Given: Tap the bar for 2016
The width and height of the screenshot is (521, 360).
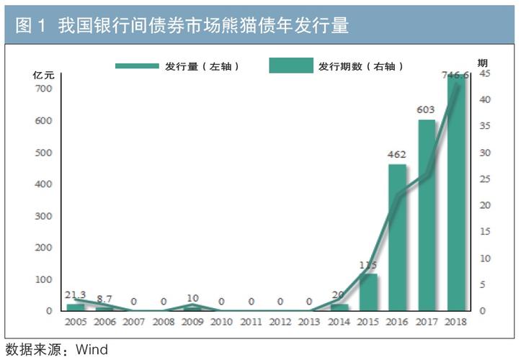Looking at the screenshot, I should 398,238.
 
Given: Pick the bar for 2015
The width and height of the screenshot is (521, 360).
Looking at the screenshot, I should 368,292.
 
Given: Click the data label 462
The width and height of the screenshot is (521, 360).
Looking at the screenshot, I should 398,155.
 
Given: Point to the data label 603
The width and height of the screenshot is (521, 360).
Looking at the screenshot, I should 427,110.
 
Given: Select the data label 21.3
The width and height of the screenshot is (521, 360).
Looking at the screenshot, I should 76,295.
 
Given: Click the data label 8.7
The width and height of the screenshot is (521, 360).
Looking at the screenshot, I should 104,298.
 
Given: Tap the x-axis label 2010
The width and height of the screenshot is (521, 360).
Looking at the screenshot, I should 221,322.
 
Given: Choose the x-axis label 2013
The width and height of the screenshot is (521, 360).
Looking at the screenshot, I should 309,322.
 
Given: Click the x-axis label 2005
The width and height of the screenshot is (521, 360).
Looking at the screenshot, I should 76,322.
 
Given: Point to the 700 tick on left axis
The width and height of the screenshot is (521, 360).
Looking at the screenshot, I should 45,89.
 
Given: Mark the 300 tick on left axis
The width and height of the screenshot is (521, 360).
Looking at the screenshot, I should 45,216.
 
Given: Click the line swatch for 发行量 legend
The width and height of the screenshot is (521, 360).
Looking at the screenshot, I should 136,66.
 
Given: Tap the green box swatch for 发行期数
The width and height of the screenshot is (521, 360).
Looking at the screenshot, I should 291,66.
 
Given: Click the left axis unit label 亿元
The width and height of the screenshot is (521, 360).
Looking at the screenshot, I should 43,74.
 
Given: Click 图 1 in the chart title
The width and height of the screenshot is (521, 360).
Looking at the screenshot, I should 31,27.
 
